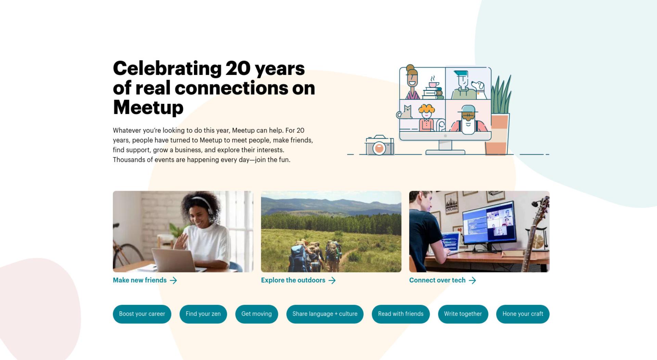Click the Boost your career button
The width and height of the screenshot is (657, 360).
pos(142,314)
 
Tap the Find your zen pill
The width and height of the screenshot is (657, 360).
pos(203,314)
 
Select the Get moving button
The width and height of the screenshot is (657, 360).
pos(257,314)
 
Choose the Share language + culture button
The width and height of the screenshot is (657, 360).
pos(325,314)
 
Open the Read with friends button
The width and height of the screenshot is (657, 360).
pos(401,314)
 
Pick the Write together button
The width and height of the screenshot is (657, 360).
pos(463,314)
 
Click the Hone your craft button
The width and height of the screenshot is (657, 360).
pos(523,314)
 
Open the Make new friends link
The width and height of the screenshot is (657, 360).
pos(145,280)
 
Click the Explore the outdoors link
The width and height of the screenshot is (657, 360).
pos(298,280)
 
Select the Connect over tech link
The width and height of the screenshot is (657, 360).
pos(443,280)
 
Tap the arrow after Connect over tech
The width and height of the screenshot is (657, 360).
pos(473,281)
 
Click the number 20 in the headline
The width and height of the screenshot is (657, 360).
pos(238,68)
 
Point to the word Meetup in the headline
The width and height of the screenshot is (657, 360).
pos(148,107)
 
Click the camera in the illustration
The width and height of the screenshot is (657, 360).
pos(379,145)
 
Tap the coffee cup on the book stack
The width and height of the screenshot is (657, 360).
pos(434,84)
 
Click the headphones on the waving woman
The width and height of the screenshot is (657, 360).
pos(205,207)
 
